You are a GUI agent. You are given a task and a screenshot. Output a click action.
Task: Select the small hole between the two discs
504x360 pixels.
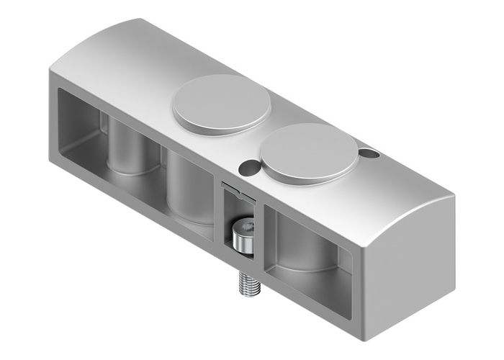click(248, 166)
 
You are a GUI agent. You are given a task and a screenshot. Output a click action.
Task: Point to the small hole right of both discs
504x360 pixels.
click(369, 153)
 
